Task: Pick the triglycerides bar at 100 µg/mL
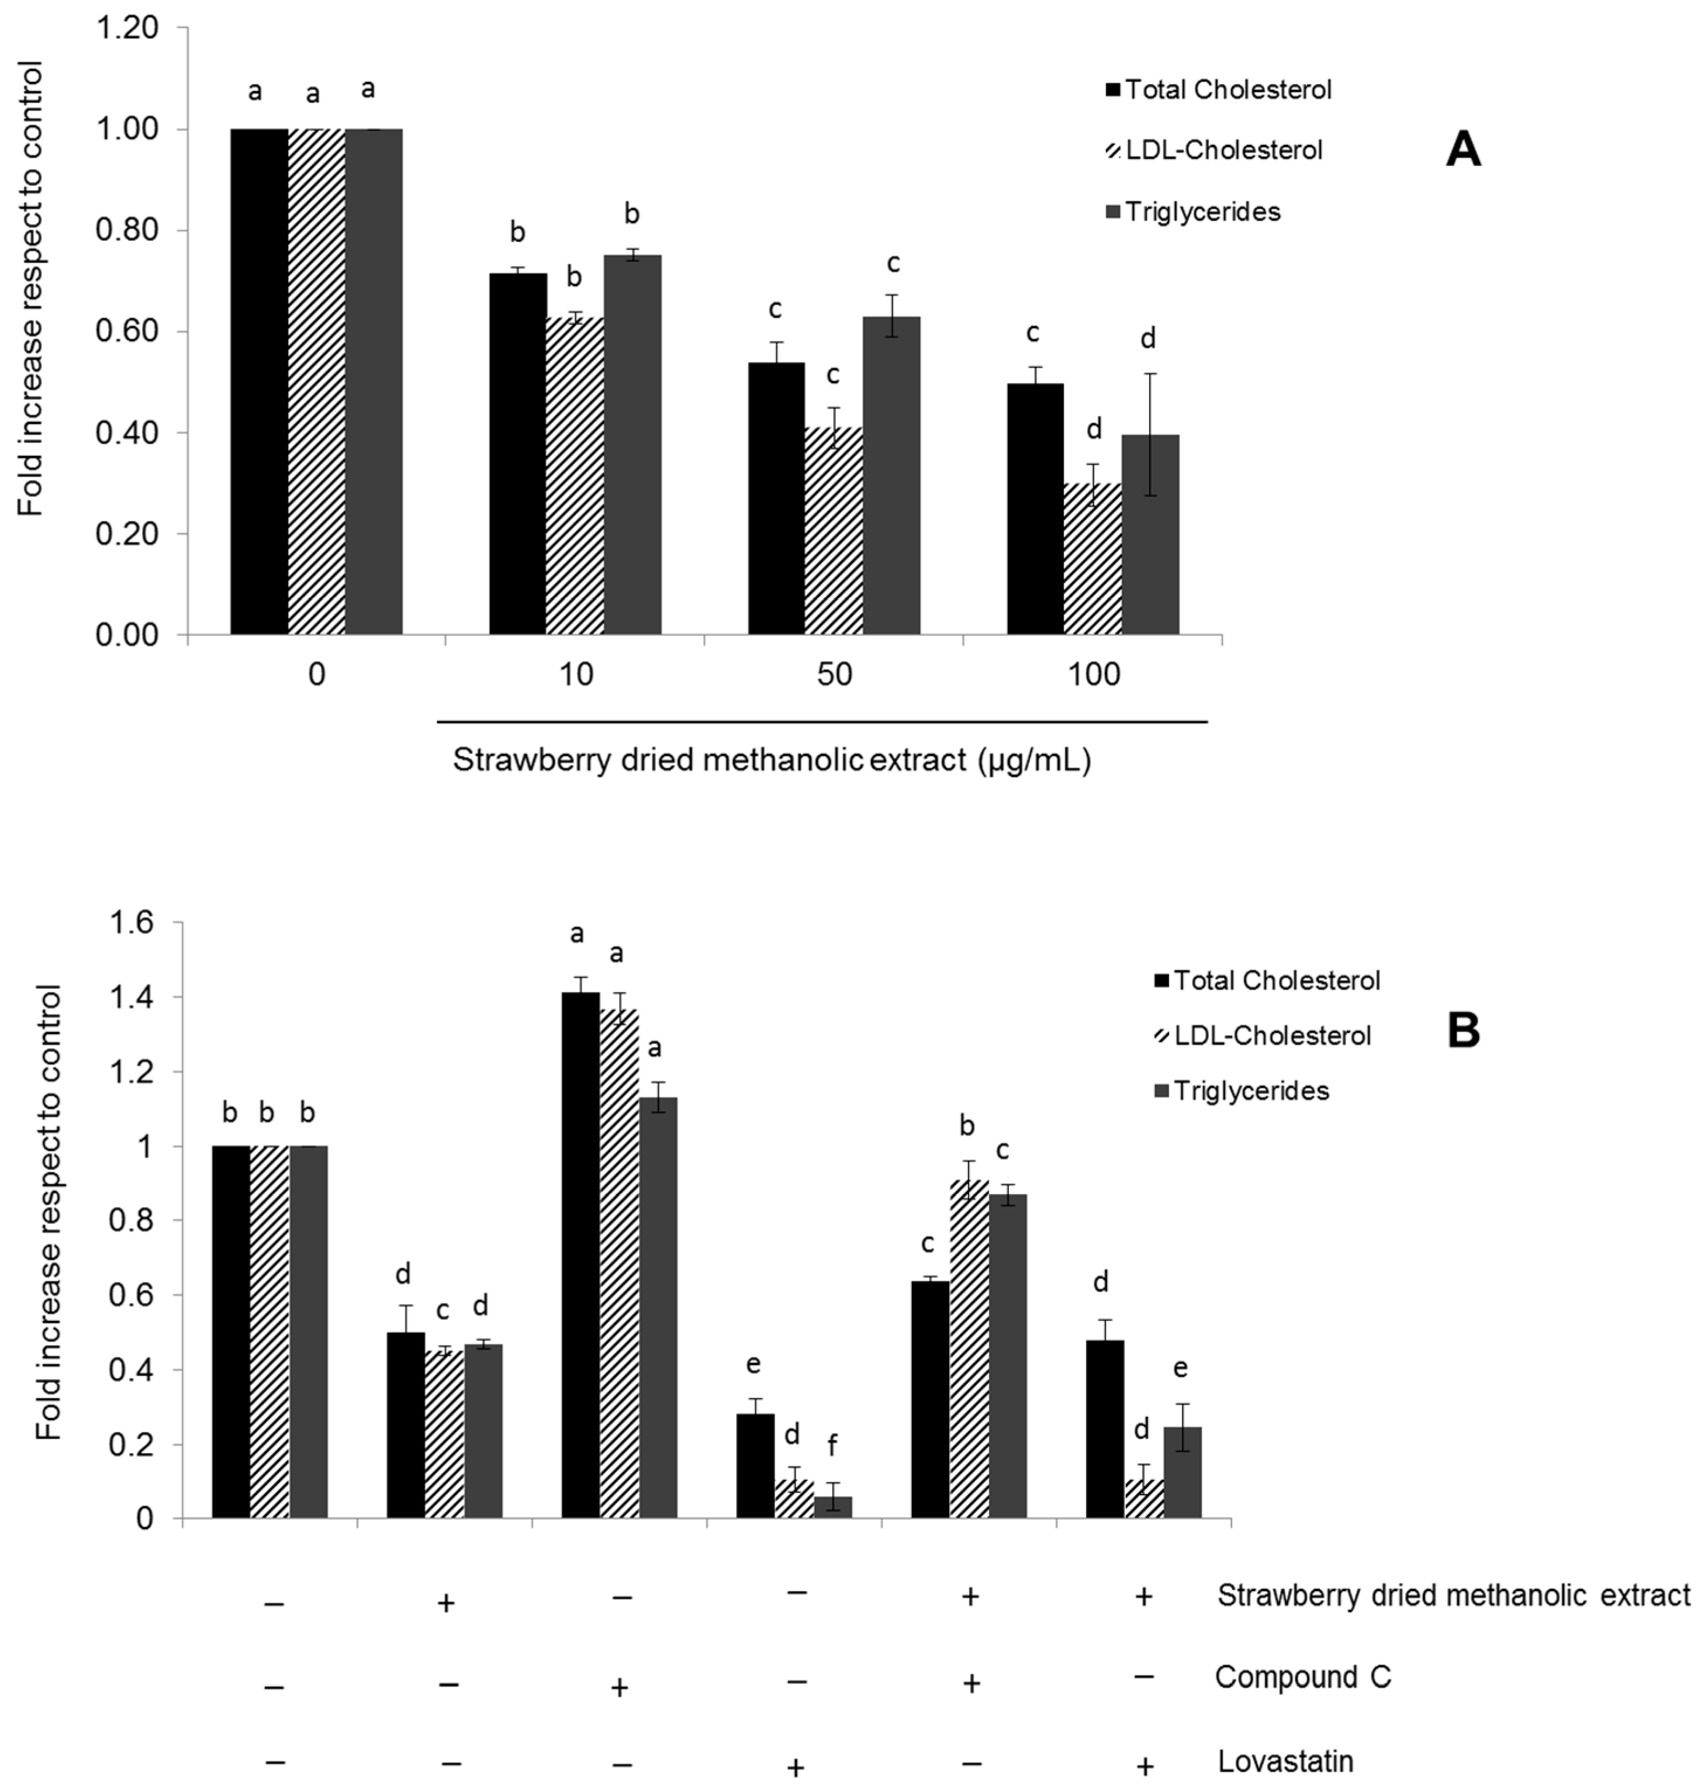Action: click(1150, 535)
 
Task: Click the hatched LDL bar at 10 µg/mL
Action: click(575, 476)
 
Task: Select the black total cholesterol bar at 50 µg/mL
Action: click(776, 499)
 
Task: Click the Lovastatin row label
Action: click(1285, 1761)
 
